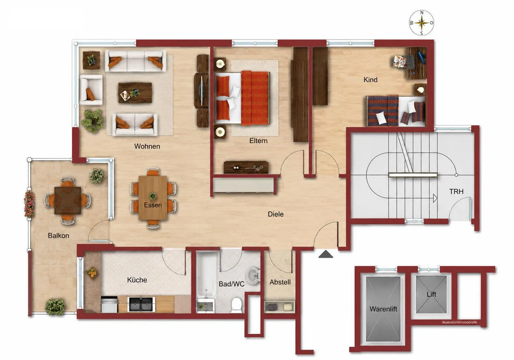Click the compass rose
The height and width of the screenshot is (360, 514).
(x=422, y=23)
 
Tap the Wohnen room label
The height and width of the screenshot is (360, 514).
(x=147, y=146)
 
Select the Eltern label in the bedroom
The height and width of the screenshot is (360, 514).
(x=258, y=141)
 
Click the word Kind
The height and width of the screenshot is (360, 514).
(x=371, y=80)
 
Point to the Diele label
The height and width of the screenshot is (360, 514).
(x=276, y=214)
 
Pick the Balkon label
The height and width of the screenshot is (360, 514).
(x=58, y=236)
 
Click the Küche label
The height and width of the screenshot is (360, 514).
(x=137, y=280)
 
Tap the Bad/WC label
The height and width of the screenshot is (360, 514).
(x=232, y=284)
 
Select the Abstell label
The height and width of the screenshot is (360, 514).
(x=280, y=282)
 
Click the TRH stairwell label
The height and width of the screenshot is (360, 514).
(x=456, y=191)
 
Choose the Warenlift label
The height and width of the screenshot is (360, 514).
(x=383, y=309)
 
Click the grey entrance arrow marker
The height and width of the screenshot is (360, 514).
(x=326, y=254)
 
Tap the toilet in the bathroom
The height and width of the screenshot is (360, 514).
(x=236, y=305)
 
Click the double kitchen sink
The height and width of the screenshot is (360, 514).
(x=141, y=304)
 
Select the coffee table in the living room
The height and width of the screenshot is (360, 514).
(x=135, y=92)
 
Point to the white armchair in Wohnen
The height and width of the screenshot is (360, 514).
(x=91, y=90)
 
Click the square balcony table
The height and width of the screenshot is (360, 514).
(x=68, y=200)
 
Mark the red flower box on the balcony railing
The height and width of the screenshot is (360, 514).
(x=29, y=204)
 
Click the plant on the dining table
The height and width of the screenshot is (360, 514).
(x=152, y=196)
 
